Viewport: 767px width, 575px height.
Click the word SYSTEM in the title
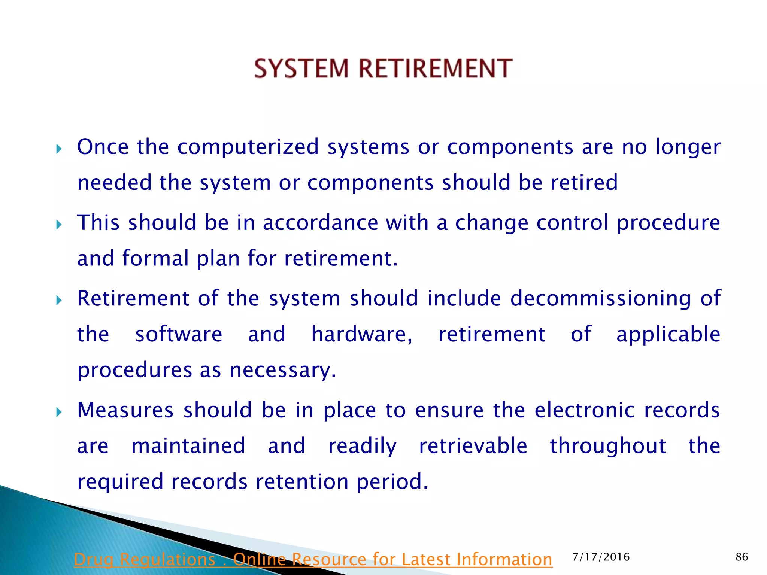click(x=301, y=69)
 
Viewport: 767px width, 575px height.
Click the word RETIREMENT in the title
click(x=436, y=69)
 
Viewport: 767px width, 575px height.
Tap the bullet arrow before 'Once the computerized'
click(x=58, y=150)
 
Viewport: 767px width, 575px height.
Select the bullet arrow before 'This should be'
click(x=58, y=225)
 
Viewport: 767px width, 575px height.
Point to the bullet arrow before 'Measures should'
click(x=58, y=413)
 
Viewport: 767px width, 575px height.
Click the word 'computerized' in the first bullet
click(x=248, y=147)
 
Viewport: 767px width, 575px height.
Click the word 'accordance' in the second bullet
click(x=320, y=223)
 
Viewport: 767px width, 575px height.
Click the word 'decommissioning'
click(x=600, y=299)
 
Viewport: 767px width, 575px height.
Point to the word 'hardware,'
click(x=362, y=334)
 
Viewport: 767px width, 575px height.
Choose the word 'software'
click(x=179, y=334)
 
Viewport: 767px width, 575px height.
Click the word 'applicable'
click(x=668, y=335)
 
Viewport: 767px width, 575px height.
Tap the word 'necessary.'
click(x=283, y=371)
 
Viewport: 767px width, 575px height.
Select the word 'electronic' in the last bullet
click(x=584, y=410)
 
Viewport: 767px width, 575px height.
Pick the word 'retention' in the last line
click(x=302, y=482)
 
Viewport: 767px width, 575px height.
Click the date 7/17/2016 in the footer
click(x=601, y=557)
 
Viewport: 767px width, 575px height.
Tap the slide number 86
click(x=742, y=557)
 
